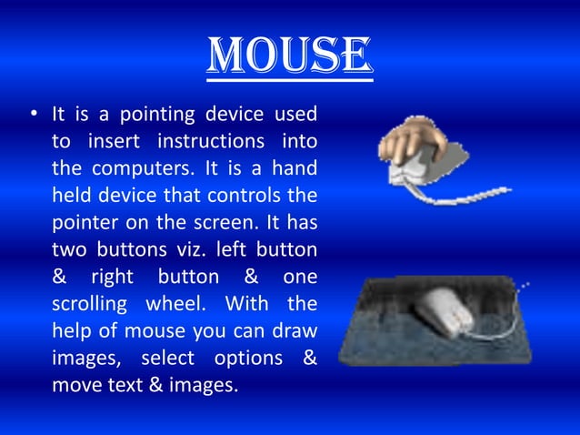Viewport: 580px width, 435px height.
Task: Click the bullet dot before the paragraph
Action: (34, 116)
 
